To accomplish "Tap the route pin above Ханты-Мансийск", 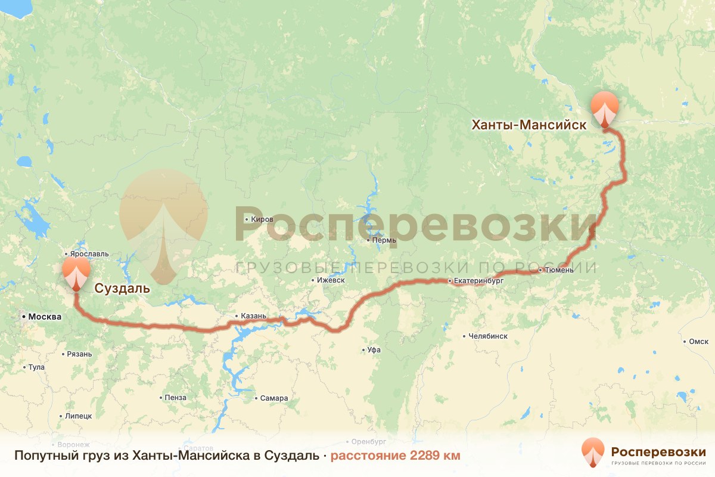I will pos(605,108).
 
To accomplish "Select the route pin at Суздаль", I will pos(76,272).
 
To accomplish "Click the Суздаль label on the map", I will pos(122,290).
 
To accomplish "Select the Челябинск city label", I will pos(488,336).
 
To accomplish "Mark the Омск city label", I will pos(698,342).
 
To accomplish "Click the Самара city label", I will pos(274,398).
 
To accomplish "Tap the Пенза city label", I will pos(176,398).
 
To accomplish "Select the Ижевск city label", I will pos(332,280).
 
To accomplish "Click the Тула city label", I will pos(36,367).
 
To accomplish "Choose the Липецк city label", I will pos(79,416).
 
